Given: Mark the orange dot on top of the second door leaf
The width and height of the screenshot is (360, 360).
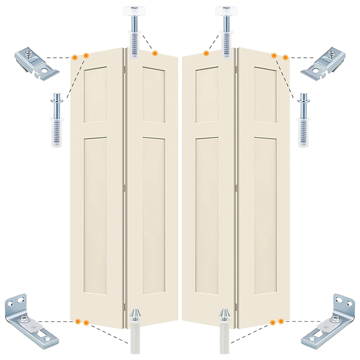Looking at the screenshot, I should pos(155,54).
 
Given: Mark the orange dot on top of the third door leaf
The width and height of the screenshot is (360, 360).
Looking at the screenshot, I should pos(206,54).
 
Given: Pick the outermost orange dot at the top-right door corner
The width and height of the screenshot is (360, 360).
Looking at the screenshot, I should pos(285,57).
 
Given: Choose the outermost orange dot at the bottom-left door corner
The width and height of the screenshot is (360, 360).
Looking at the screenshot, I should pos(78,321).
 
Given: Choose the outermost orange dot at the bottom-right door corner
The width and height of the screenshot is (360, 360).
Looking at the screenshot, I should pos(281,321).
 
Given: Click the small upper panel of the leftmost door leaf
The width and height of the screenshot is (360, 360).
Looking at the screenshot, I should pos(95,94).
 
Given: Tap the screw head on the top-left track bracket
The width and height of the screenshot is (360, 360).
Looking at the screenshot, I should pos(29,54).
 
